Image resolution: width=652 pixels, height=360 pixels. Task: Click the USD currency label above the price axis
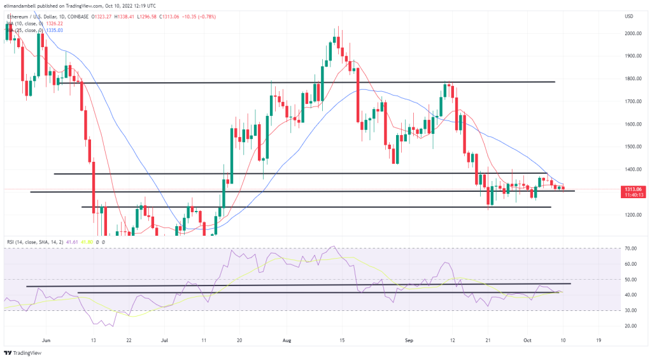pos(630,16)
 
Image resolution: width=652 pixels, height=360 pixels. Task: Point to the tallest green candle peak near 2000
pos(337,28)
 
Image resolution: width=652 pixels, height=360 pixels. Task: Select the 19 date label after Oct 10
pos(598,341)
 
